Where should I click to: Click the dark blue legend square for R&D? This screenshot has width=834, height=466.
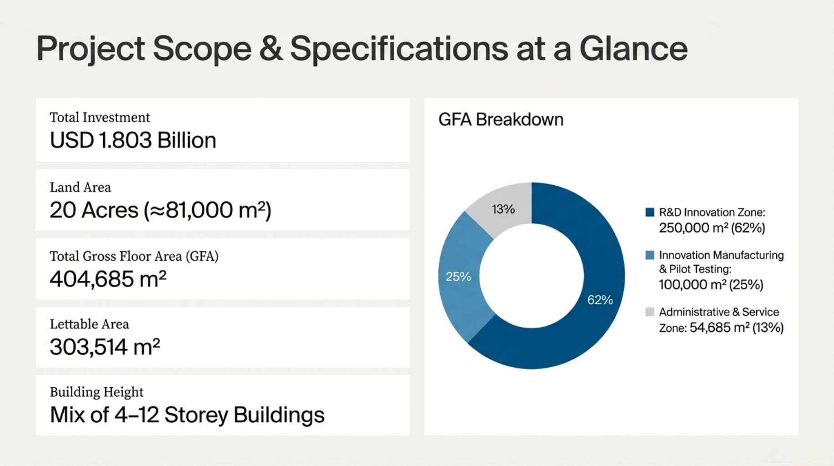coord(650,212)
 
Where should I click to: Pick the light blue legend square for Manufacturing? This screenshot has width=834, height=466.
coord(650,255)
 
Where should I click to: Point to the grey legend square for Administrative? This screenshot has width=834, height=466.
coord(650,312)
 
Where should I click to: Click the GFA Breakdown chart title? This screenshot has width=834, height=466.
coord(501,120)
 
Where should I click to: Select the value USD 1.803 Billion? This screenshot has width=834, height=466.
coord(133,140)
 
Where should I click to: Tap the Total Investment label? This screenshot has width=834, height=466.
coord(100,117)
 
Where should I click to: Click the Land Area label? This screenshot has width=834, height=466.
coord(80,187)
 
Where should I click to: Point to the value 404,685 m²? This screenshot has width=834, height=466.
coord(108,279)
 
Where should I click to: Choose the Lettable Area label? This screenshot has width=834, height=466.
coord(89,324)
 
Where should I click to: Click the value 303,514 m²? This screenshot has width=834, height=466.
coord(105,347)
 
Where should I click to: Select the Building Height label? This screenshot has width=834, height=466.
coord(96,392)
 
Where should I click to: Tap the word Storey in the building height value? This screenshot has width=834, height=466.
coord(196,415)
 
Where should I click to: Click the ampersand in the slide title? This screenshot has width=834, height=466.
coord(271,49)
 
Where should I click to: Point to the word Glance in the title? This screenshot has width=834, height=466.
coord(633,49)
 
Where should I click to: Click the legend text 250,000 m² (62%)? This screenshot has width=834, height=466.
coord(712,228)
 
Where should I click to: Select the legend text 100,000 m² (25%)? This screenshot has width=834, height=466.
coord(711,285)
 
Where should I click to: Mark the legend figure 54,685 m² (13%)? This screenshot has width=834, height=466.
coord(736,328)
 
